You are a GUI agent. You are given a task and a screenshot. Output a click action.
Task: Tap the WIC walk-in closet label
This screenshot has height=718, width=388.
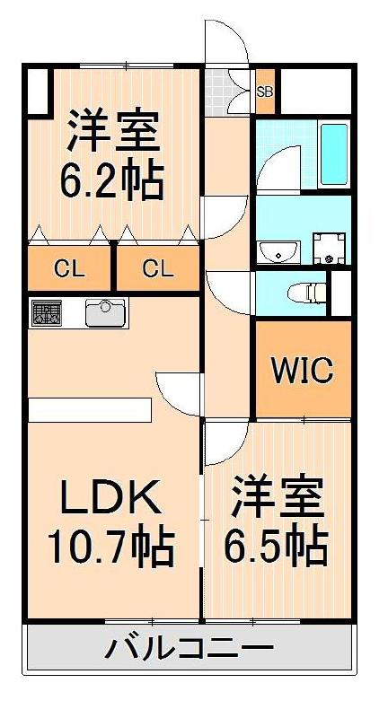304,368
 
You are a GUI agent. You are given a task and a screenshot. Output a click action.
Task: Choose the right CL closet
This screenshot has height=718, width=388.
156,267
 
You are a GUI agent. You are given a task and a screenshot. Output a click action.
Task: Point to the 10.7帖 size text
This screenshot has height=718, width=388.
110,545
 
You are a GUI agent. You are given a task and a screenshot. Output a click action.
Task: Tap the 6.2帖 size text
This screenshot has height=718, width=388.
111,181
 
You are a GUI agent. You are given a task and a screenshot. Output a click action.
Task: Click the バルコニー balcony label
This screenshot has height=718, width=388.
189,647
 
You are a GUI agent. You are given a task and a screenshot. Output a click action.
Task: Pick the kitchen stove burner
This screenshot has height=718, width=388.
46,313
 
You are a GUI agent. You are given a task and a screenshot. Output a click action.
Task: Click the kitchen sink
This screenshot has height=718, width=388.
106,313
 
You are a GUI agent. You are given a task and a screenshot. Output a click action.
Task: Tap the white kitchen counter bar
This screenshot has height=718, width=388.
86,408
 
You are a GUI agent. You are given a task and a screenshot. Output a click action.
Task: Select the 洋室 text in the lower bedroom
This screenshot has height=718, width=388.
277,496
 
